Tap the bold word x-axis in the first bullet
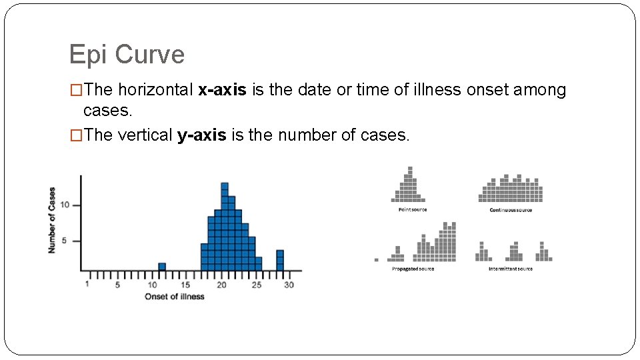223,90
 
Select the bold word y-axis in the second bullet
202,135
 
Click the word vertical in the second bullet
146,135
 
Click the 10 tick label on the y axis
65,205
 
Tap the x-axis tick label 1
88,285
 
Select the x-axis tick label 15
186,285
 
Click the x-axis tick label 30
289,285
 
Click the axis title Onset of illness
175,296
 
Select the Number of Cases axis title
52,219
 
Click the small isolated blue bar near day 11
162,267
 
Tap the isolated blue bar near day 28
280,260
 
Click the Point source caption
412,210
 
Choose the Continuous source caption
511,210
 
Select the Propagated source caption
413,269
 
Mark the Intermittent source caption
511,269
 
